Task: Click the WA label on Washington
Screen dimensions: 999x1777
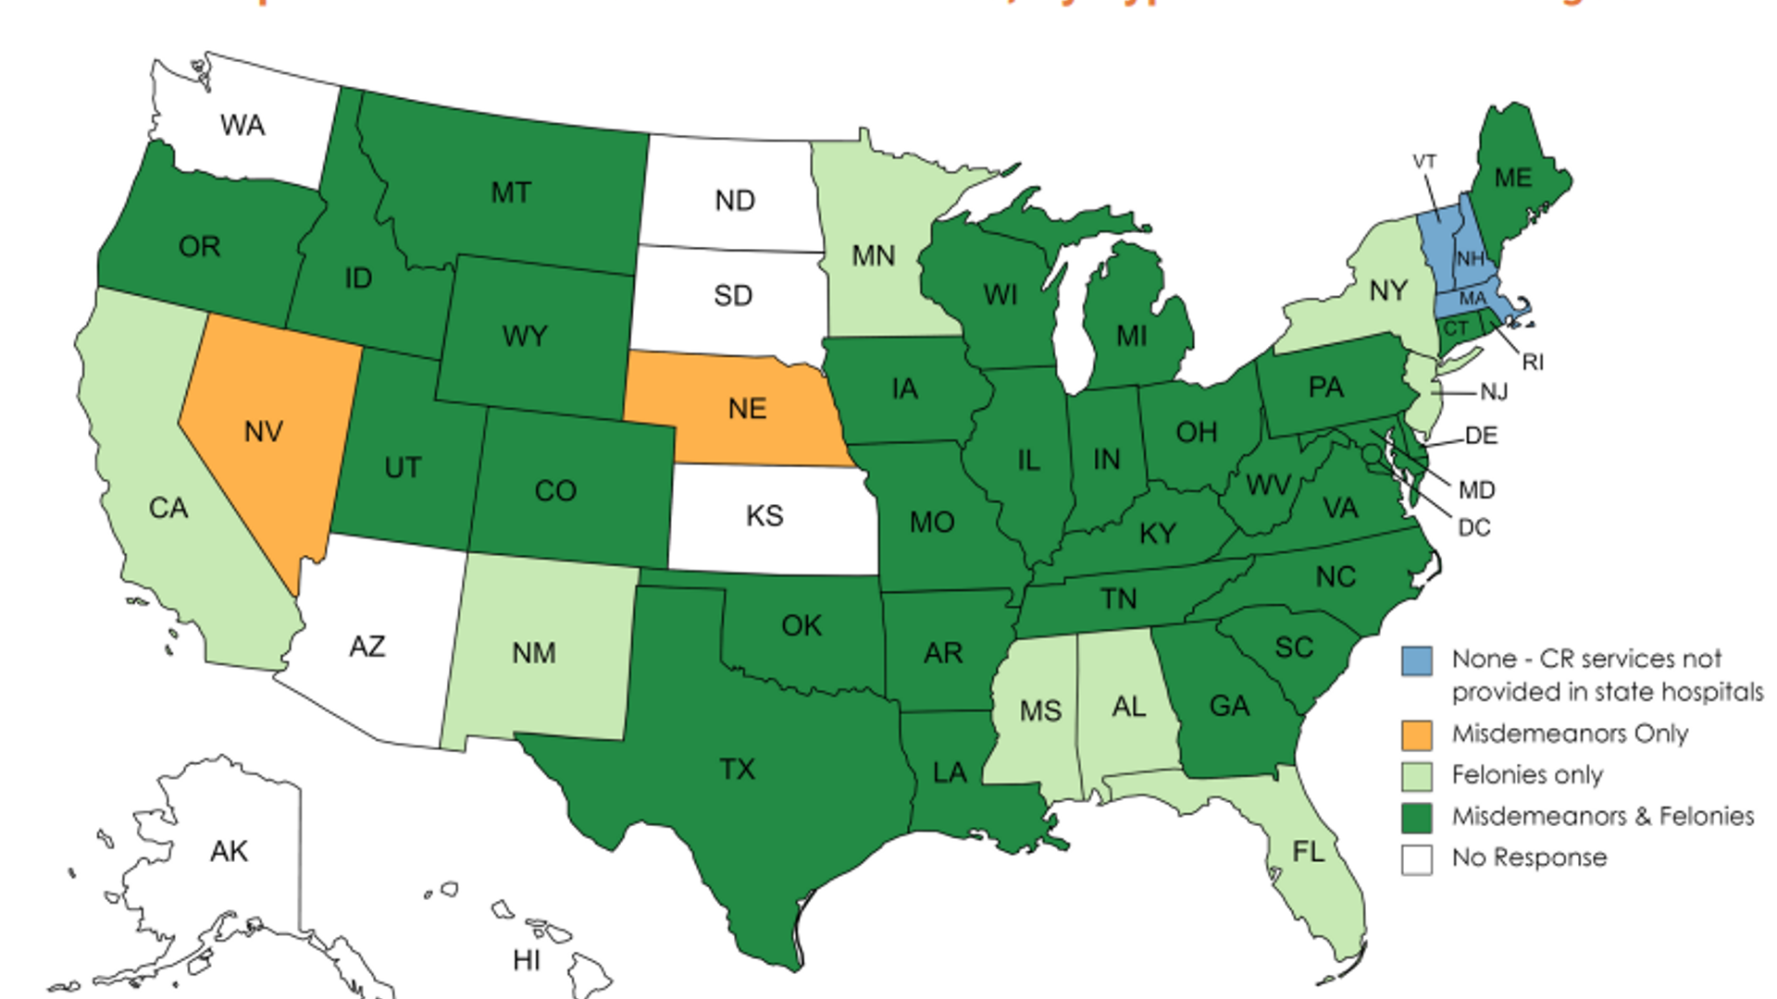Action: point(242,125)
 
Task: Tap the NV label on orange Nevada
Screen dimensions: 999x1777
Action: point(264,431)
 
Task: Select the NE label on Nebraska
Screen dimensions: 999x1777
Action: point(747,408)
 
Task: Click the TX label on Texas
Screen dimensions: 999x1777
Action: point(738,769)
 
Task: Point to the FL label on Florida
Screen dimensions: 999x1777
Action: point(1309,851)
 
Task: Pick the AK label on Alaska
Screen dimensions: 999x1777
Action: point(229,851)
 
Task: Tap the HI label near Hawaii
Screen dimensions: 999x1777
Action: point(527,960)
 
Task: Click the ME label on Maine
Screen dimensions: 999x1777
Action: point(1513,178)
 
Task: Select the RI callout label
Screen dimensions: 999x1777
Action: point(1533,363)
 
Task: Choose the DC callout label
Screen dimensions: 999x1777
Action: point(1474,527)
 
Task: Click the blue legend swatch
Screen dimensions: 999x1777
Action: point(1417,660)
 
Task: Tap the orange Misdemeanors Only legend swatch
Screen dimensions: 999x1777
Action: point(1417,735)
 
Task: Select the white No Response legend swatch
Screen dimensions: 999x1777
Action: point(1417,859)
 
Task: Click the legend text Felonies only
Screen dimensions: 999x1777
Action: point(1527,775)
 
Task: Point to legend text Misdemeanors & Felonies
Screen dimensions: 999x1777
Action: point(1603,816)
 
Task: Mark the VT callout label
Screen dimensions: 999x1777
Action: point(1424,162)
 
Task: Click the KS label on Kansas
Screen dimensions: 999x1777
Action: point(764,515)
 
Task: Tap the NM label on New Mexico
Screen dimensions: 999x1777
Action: point(534,653)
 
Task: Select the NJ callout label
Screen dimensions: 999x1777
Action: point(1494,392)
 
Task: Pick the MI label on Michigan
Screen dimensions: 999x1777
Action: point(1131,336)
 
